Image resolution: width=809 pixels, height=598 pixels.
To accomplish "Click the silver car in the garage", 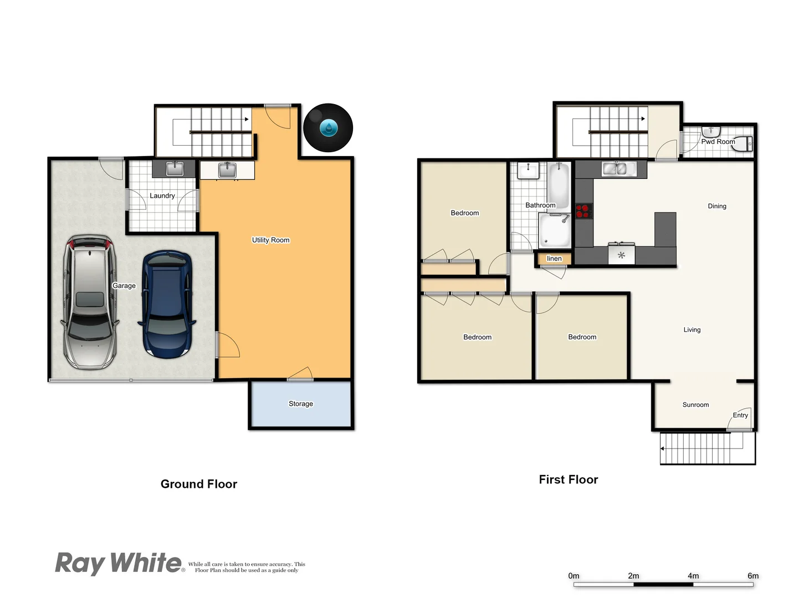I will coord(90,302).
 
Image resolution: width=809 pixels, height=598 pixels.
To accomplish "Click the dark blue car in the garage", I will coord(167,305).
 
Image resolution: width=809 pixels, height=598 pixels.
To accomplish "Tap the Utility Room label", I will coord(270,240).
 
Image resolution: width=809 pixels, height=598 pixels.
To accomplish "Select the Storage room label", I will coord(301,404).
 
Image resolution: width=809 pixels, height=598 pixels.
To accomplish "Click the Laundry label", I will coord(162,195).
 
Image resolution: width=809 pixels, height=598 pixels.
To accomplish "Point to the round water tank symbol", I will coord(328,128).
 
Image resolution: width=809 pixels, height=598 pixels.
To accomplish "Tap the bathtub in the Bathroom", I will coord(559,185).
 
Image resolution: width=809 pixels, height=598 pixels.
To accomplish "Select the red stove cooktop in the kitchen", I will coord(582,211).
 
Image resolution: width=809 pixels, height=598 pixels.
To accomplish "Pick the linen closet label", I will coord(554,259).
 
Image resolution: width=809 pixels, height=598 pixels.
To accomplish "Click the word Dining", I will coord(716,206).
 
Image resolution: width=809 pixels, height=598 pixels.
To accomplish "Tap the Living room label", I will coord(692,329).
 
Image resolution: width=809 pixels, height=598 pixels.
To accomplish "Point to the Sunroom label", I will coord(695,405).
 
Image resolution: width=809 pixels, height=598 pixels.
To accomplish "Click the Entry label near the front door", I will coord(740,415).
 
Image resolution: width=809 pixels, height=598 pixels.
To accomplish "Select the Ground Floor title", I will coord(199,484).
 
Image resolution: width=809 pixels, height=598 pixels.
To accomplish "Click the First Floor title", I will coord(568,480).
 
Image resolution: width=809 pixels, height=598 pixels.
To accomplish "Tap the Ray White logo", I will coord(119,563).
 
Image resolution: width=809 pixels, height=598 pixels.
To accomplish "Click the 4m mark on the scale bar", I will coord(693,576).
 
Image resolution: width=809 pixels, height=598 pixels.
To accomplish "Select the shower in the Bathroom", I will coord(554,230).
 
